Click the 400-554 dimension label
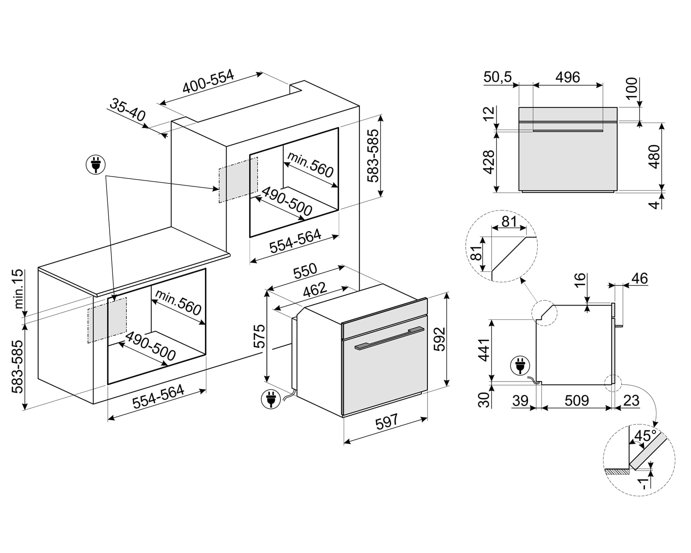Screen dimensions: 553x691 click(208, 82)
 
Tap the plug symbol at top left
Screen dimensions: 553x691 click(96, 165)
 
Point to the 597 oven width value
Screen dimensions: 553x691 click(386, 422)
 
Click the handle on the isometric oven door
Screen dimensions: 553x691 click(390, 338)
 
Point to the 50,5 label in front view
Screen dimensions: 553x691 click(498, 77)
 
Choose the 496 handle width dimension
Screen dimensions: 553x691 click(567, 77)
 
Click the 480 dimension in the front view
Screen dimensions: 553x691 click(654, 156)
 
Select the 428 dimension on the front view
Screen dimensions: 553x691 click(489, 162)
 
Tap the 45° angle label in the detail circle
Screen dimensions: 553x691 click(645, 435)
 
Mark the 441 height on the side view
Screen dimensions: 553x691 click(484, 349)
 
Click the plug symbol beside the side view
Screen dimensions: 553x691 click(520, 366)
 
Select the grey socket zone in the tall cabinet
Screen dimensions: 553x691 click(238, 179)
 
